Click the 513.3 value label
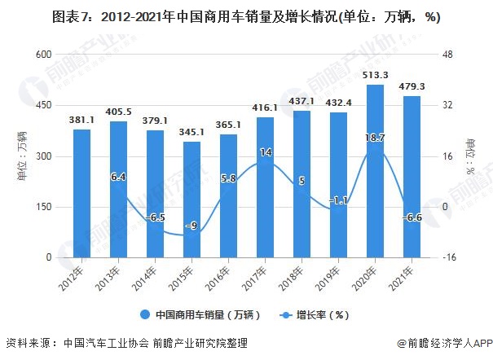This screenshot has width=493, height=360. [375, 75]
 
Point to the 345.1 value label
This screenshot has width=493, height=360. [191, 132]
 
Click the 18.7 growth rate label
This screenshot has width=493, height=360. [375, 138]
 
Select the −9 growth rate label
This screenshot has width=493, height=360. [191, 226]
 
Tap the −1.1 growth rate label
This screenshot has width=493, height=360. [338, 200]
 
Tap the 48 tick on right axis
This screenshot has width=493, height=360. [447, 55]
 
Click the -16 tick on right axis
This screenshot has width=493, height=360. [447, 257]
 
